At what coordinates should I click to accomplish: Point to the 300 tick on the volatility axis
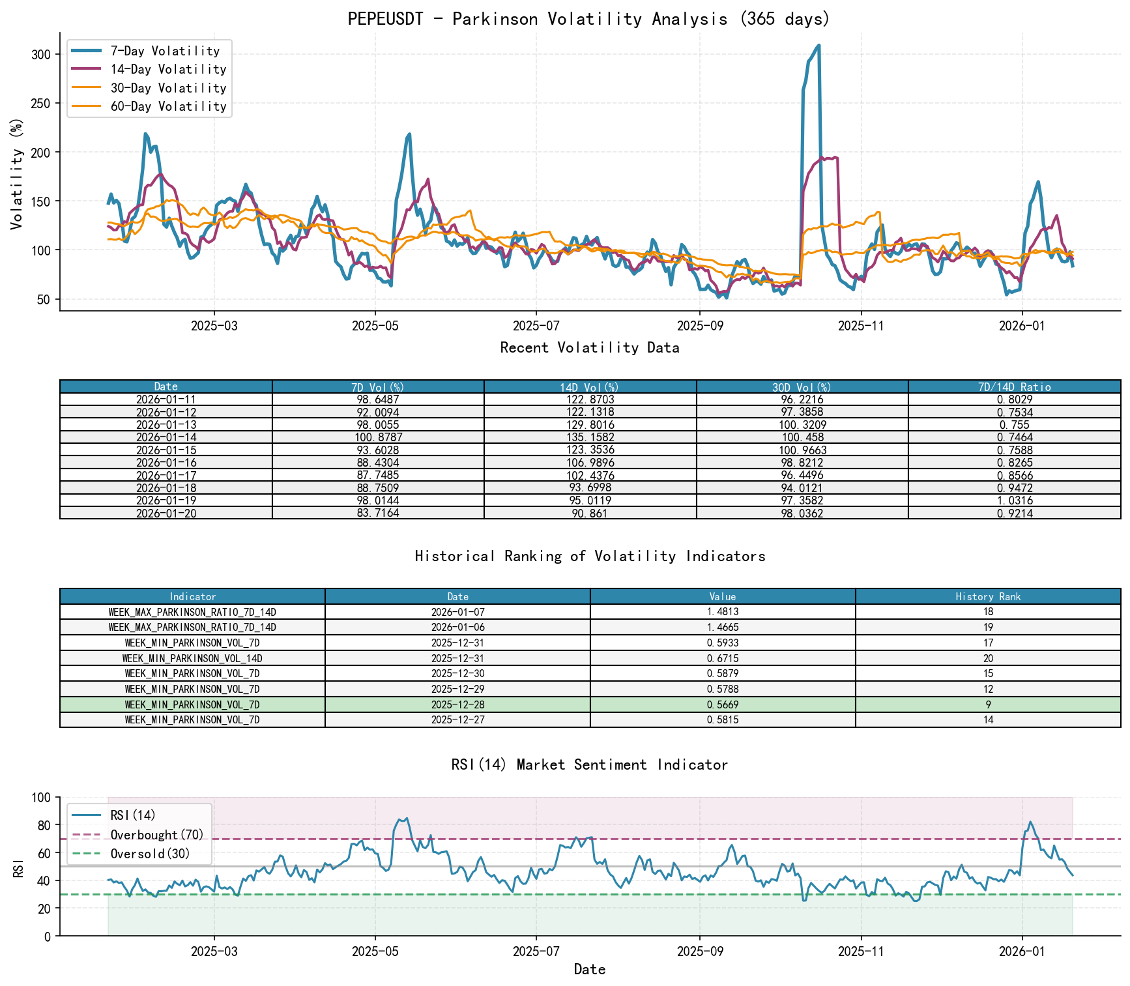click(x=40, y=54)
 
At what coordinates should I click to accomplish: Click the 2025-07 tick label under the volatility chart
click(x=536, y=326)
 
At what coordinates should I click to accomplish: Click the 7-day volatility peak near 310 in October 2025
click(x=819, y=46)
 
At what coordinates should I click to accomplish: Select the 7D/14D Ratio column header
click(x=1014, y=386)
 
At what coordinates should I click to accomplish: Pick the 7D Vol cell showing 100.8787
click(x=378, y=437)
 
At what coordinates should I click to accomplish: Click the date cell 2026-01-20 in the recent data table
click(x=166, y=514)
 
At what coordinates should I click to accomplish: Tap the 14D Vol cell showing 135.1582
click(x=590, y=437)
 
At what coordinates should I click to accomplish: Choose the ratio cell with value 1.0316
click(x=1014, y=500)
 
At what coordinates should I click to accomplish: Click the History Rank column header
click(x=988, y=596)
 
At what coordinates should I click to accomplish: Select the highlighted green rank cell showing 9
click(x=988, y=704)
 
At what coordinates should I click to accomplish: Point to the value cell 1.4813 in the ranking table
click(x=722, y=612)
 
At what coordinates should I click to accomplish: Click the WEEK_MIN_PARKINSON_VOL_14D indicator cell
click(x=192, y=658)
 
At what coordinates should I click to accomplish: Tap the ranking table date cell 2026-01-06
click(x=457, y=627)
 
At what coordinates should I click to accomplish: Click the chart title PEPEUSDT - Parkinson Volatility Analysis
click(x=588, y=18)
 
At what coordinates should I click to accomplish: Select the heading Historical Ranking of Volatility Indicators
click(x=590, y=556)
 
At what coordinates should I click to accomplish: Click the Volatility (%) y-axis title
click(x=16, y=173)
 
